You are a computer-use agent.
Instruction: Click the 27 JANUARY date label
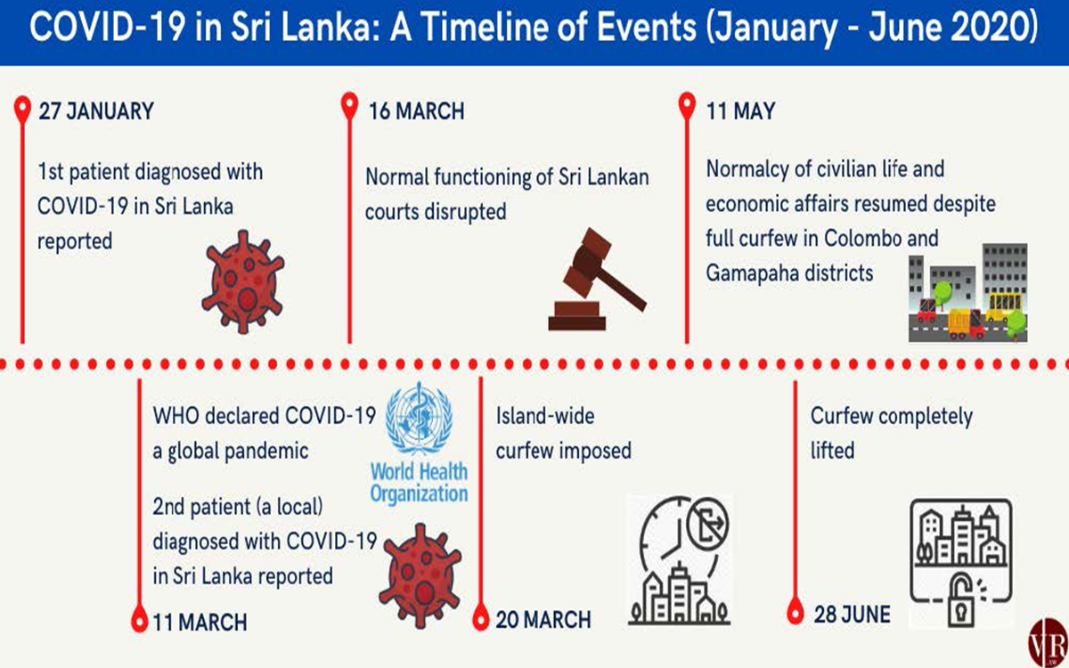click(96, 111)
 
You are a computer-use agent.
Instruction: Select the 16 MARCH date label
click(417, 111)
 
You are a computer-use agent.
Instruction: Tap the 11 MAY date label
click(740, 111)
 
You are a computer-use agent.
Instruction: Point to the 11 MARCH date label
click(200, 623)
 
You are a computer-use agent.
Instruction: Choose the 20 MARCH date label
click(543, 620)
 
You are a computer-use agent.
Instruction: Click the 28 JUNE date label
click(853, 614)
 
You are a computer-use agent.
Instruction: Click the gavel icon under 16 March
click(598, 279)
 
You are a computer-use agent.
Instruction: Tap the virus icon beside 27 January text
click(243, 281)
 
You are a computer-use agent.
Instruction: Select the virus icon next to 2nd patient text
click(420, 575)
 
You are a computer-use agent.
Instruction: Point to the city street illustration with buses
click(967, 292)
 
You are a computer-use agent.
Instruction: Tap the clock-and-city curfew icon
click(680, 560)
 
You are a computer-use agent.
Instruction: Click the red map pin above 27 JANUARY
click(22, 109)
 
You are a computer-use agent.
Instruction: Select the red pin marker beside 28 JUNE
click(795, 611)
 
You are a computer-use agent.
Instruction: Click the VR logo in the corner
click(1049, 642)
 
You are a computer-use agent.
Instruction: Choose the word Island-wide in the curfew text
click(545, 416)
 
